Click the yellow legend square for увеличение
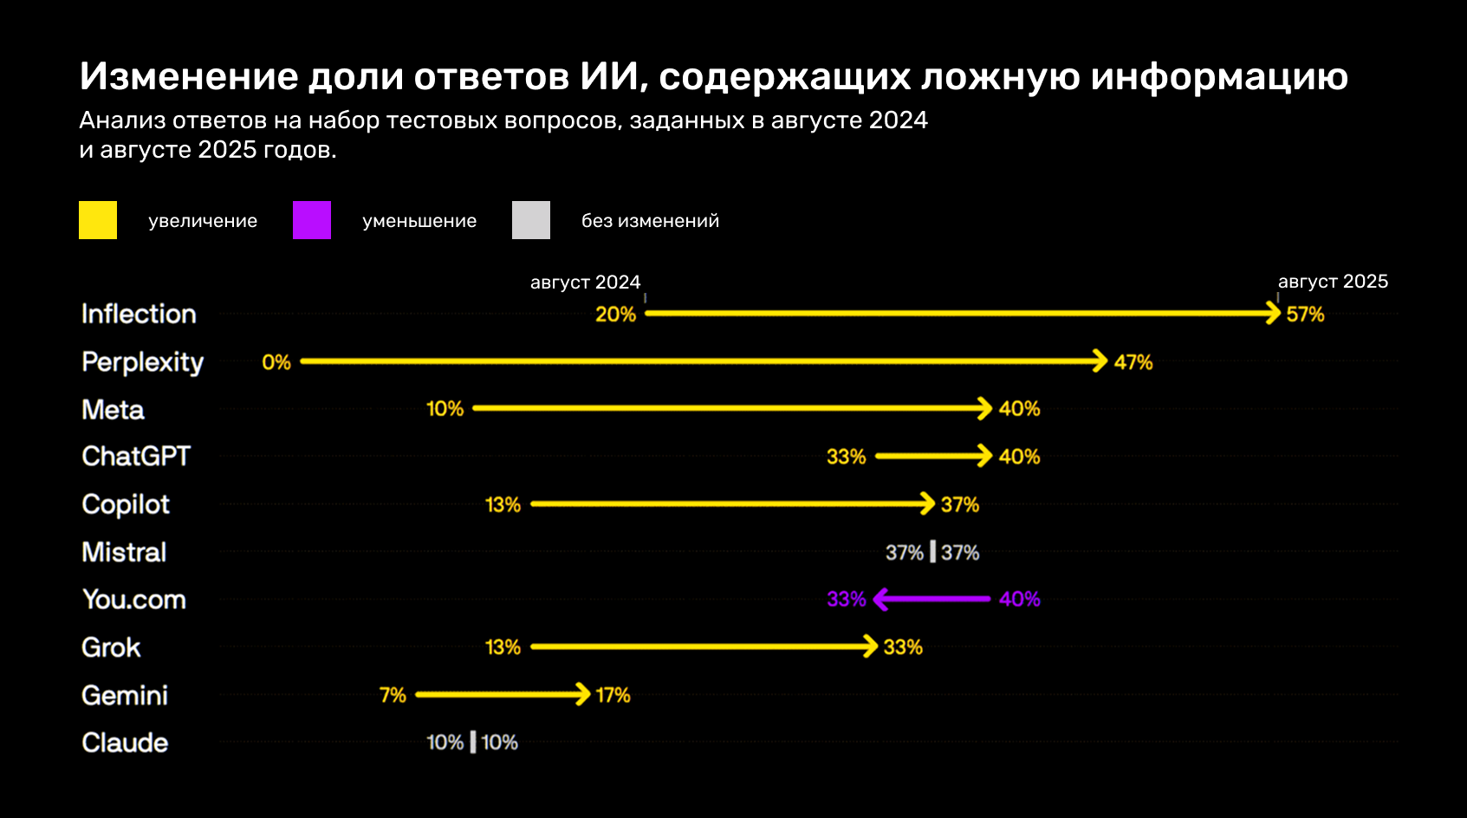coord(98,220)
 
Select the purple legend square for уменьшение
coord(312,220)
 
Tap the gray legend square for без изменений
coord(531,220)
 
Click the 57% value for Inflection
coord(1305,315)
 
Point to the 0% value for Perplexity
coord(276,362)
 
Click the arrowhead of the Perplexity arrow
coord(1100,361)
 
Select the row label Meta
coord(113,410)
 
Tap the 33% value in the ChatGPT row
coord(846,457)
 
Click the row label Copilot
coord(126,504)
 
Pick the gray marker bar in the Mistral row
coord(932,552)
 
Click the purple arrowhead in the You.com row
coord(881,599)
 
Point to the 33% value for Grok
coord(903,647)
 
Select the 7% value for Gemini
coord(393,695)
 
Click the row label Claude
coord(125,743)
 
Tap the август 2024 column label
coord(585,282)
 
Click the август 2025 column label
coord(1333,282)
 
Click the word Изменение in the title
coord(189,76)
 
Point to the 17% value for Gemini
coord(613,695)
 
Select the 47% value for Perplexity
coord(1133,362)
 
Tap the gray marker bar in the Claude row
coord(472,743)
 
